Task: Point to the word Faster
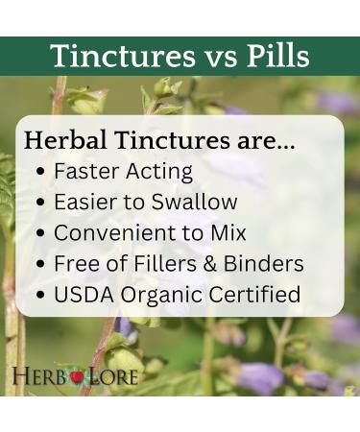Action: pos(84,172)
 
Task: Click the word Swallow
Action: pos(199,203)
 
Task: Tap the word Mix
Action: pos(228,232)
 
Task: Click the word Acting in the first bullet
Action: pos(158,173)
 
